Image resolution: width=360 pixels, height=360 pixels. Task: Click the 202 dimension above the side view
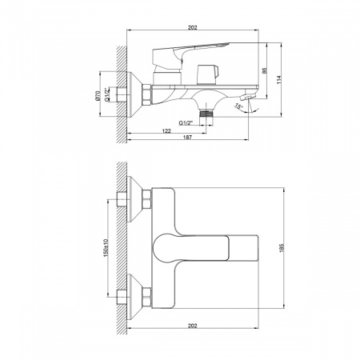point(192,27)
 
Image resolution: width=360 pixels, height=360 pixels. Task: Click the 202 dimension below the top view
point(192,326)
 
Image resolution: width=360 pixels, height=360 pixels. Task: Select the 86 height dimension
point(265,70)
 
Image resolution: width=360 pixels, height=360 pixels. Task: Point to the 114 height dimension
point(279,79)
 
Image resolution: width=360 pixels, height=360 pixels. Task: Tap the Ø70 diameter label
point(98,96)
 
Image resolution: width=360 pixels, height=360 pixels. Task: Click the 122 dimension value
point(166,131)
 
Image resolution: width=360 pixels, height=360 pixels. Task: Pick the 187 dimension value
point(187,138)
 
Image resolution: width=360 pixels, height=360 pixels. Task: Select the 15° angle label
point(238,106)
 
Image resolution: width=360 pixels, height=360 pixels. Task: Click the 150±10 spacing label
point(106,248)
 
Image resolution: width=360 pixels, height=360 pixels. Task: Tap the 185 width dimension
point(282,248)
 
